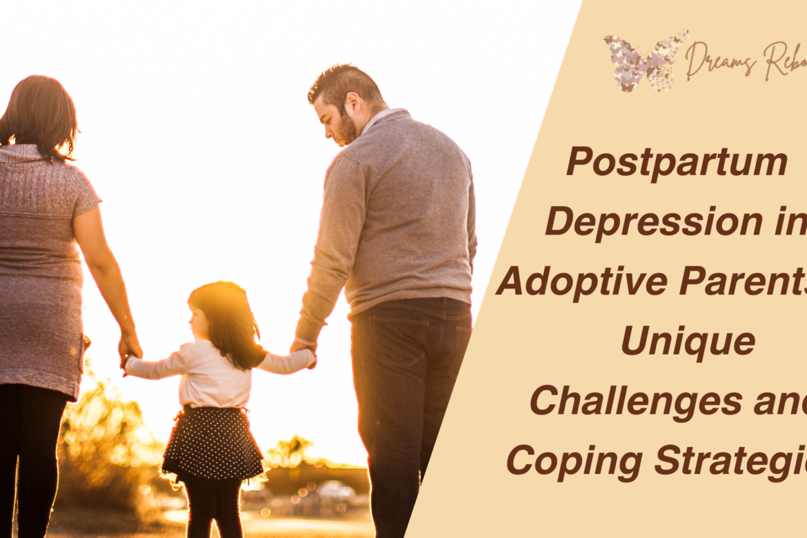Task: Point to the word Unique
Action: (688, 343)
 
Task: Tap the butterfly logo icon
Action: (645, 61)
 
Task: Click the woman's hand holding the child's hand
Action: (129, 348)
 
